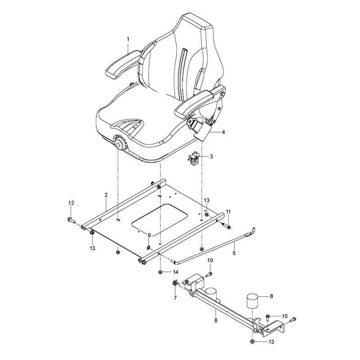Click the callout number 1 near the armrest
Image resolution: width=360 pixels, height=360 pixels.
tap(128, 40)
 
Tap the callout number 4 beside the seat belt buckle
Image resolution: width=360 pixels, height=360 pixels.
tap(223, 132)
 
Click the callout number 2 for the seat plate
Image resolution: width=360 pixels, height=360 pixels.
tap(106, 195)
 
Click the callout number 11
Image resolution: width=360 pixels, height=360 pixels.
tap(228, 211)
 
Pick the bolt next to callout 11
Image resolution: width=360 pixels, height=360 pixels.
tap(227, 225)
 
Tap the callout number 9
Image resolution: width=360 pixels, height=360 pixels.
tap(149, 235)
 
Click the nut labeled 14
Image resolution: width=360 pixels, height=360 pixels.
tap(160, 272)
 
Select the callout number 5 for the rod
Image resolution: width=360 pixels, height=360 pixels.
tap(234, 253)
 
